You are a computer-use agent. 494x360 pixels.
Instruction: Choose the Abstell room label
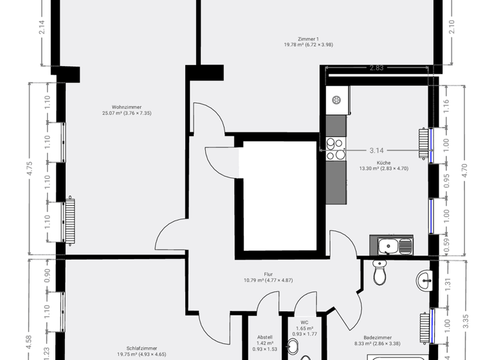pos(266,336)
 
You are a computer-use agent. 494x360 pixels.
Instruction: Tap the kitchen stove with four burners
pos(335,149)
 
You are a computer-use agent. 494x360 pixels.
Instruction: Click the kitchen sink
pos(392,245)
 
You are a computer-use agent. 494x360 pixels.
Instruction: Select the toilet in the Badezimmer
pos(380,273)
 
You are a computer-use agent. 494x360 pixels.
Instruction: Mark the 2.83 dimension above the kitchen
pos(376,67)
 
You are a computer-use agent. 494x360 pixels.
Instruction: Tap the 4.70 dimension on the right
pos(465,170)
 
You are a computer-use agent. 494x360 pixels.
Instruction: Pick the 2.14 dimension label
pos(42,27)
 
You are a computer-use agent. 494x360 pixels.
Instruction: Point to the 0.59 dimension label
pos(447,246)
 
